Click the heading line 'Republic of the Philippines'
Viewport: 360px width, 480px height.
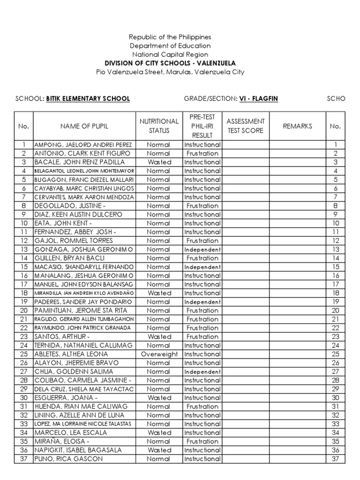pyautogui.click(x=170, y=37)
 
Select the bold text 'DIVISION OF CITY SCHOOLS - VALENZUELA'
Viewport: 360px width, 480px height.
pyautogui.click(x=170, y=63)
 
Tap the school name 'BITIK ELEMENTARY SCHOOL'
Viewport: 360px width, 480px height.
pyautogui.click(x=88, y=99)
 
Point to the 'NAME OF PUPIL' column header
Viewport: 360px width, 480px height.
pyautogui.click(x=84, y=126)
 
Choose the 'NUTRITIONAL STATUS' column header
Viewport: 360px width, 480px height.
pyautogui.click(x=159, y=126)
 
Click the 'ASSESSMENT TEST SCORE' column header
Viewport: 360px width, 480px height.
pyautogui.click(x=246, y=126)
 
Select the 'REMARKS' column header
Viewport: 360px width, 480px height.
pyautogui.click(x=297, y=126)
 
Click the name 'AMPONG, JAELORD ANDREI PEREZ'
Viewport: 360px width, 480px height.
pyautogui.click(x=83, y=145)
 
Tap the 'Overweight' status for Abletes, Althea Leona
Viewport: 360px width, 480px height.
pyautogui.click(x=159, y=354)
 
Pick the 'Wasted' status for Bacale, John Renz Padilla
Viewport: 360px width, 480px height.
pyautogui.click(x=159, y=162)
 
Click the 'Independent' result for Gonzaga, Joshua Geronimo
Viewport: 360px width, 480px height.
pyautogui.click(x=202, y=249)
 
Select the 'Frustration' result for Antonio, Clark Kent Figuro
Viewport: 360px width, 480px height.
pyautogui.click(x=202, y=153)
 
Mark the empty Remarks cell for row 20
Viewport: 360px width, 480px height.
pyautogui.click(x=297, y=310)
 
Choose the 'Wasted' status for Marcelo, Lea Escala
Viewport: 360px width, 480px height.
pyautogui.click(x=159, y=433)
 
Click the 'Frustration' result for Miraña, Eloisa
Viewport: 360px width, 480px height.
pyautogui.click(x=202, y=442)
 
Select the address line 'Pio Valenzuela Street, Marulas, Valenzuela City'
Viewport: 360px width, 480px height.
pyautogui.click(x=170, y=72)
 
